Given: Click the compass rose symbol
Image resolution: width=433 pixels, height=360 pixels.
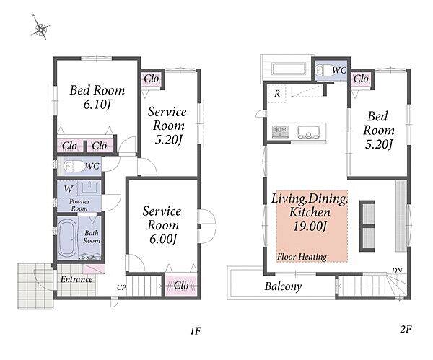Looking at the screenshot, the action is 41,27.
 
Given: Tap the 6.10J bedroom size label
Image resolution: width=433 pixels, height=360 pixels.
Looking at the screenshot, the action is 97,105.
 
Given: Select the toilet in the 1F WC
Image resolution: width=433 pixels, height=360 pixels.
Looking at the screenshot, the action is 74,166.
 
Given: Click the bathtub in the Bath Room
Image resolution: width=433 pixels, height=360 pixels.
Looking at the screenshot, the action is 66,237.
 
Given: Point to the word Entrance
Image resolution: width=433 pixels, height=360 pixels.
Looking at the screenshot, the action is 76,279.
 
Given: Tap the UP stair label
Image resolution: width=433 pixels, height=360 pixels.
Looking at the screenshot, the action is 121,288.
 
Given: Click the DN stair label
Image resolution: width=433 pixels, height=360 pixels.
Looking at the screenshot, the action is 397,271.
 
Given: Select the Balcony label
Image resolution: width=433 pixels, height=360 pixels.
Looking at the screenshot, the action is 283,286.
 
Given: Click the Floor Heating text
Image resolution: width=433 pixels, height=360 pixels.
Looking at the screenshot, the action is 302,257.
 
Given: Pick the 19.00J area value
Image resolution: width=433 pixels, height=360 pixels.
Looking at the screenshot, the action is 310,227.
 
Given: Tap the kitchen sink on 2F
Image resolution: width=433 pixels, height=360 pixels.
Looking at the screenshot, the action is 308,132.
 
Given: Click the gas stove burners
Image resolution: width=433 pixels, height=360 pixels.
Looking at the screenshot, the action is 280,131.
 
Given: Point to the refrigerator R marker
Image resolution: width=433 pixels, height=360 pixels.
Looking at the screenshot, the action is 277,94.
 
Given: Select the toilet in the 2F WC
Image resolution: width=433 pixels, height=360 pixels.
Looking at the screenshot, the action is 323,71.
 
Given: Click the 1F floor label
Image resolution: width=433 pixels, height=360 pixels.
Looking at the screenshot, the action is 196,330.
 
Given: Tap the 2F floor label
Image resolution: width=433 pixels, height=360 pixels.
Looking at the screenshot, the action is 406,329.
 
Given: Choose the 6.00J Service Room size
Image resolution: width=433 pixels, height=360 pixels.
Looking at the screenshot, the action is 163,239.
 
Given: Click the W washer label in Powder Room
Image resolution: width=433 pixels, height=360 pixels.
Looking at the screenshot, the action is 69,189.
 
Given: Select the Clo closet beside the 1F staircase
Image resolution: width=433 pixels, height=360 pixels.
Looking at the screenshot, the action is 181,286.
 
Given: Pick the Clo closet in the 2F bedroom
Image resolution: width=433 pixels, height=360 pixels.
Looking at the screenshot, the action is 361,79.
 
